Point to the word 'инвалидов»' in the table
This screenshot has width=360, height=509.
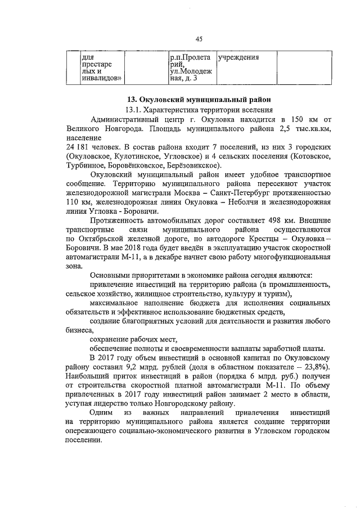coord(101,79)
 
